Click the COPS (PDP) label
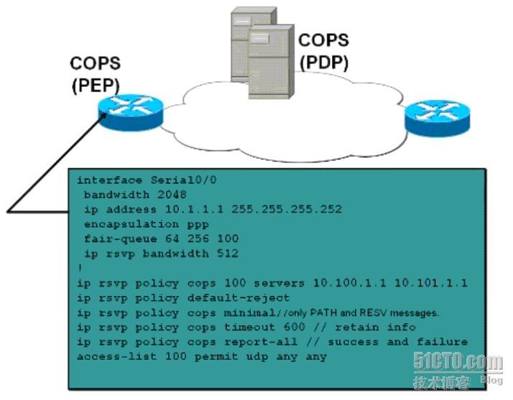(323, 51)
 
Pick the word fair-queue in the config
(113, 238)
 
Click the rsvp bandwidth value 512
(227, 253)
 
